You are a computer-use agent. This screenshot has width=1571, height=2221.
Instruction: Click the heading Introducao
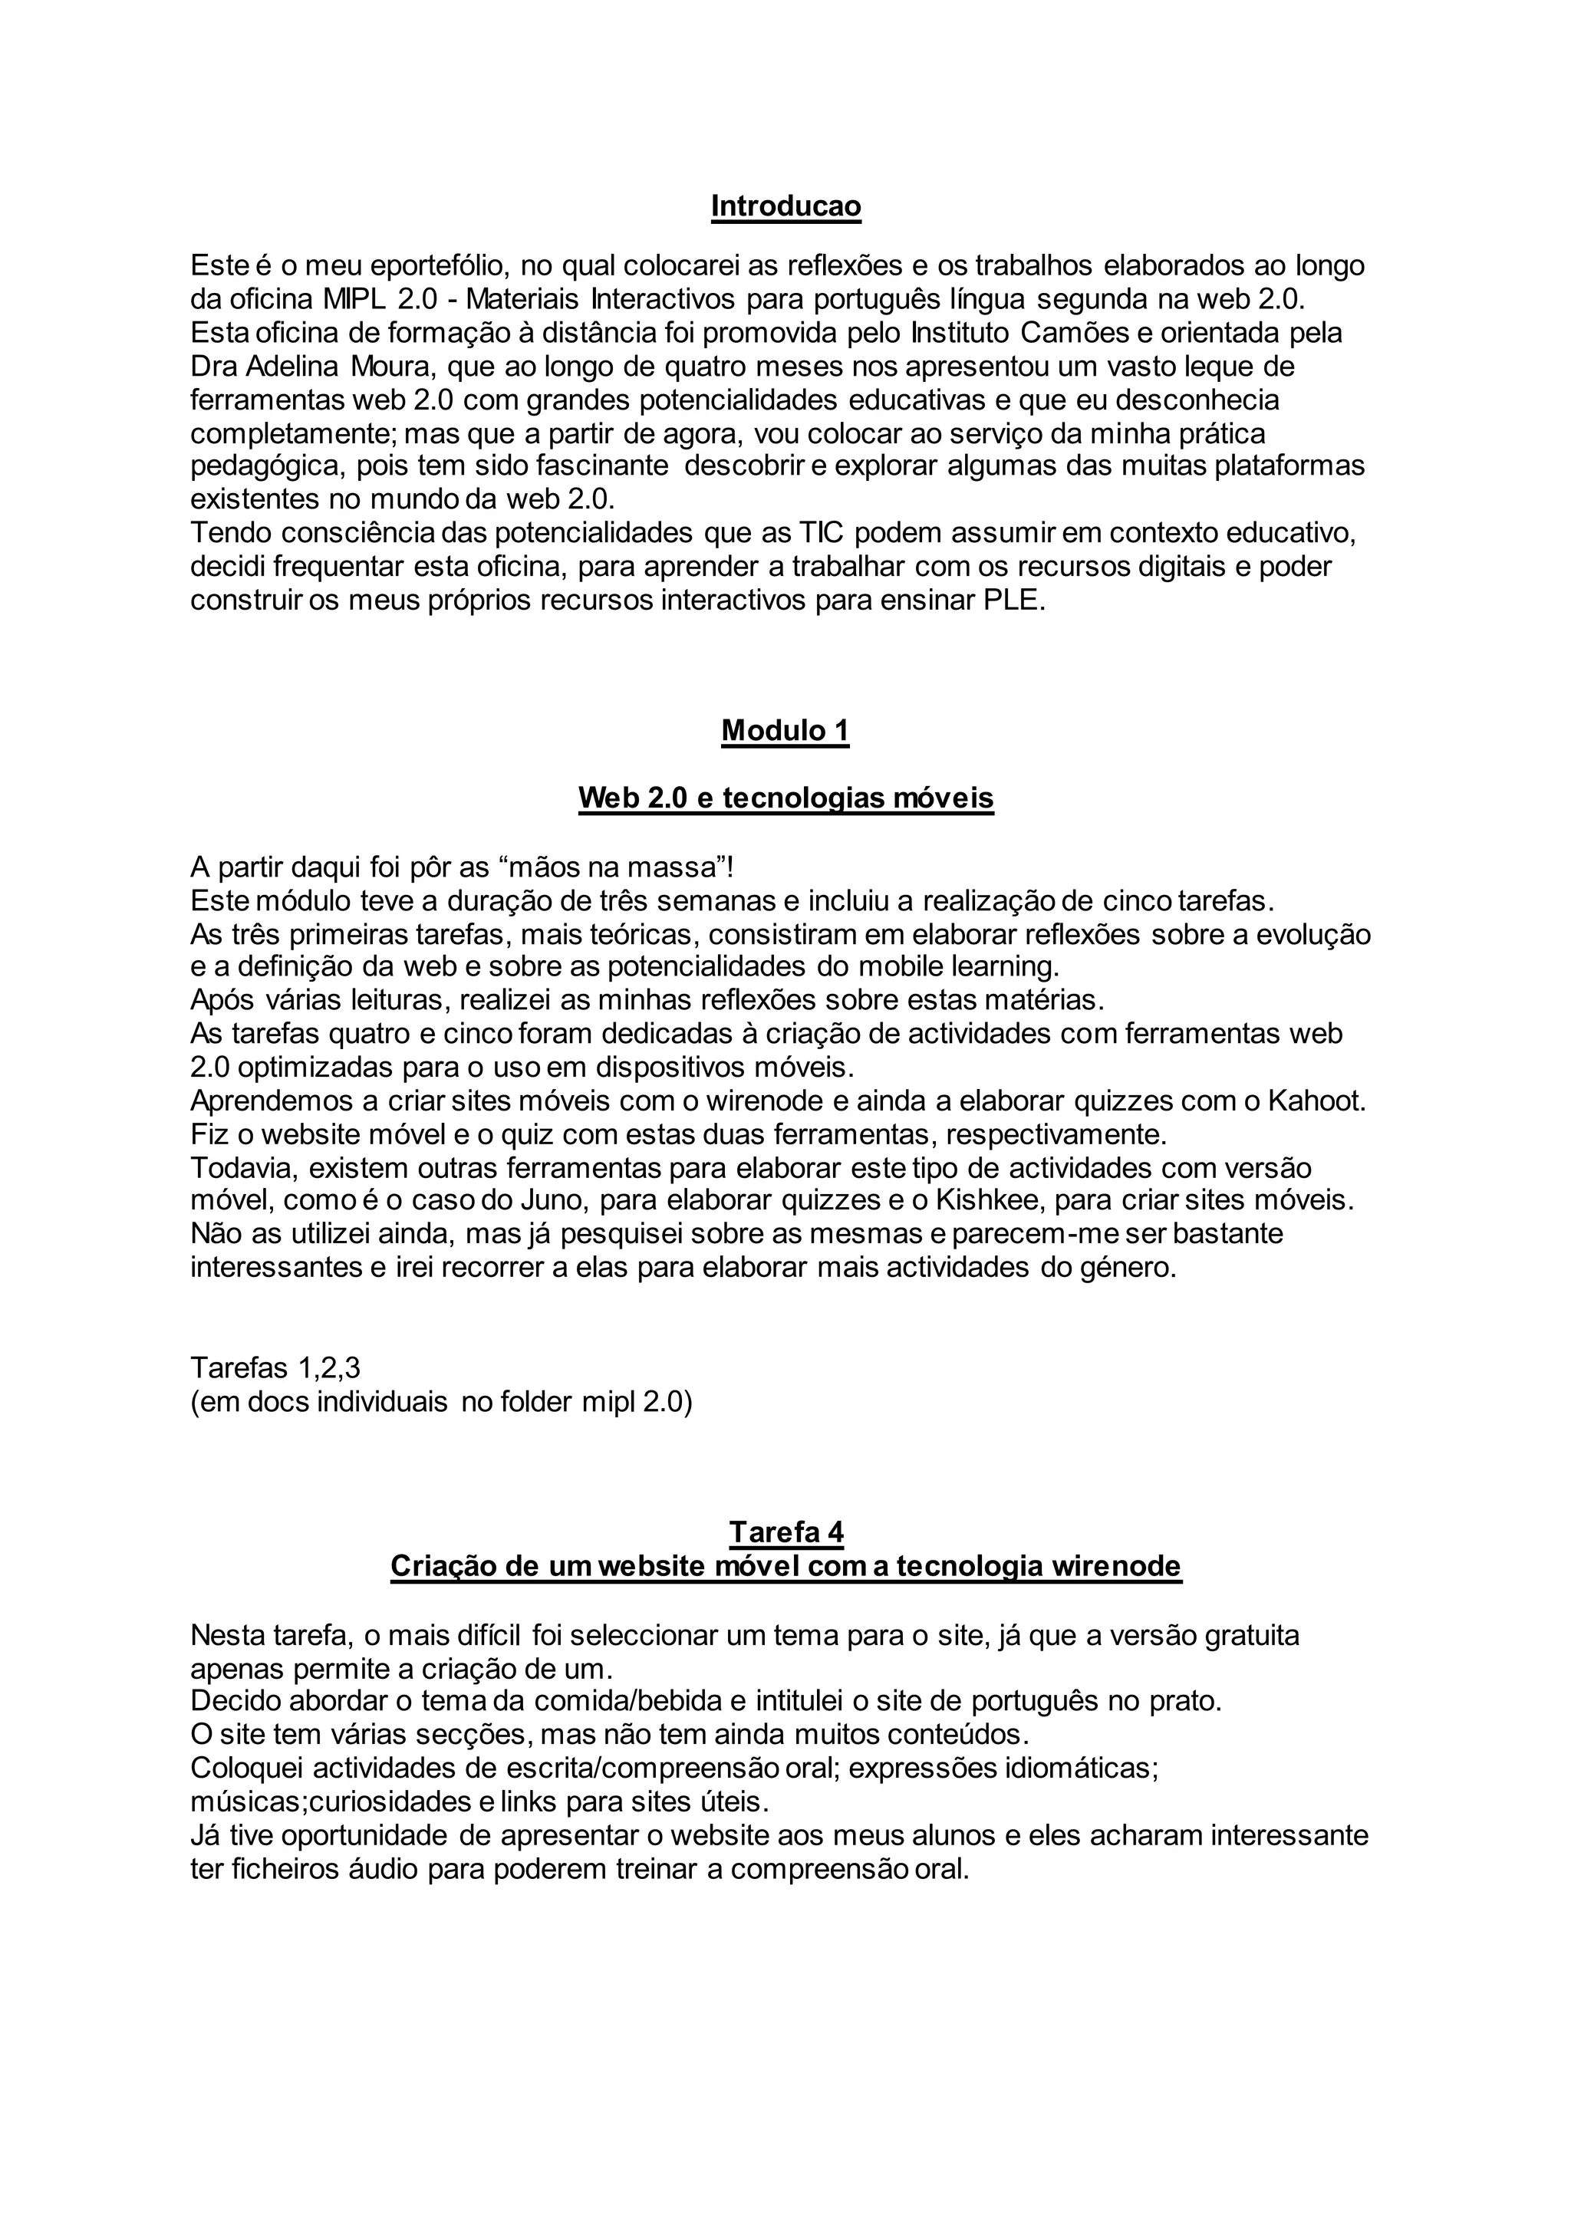coord(785,206)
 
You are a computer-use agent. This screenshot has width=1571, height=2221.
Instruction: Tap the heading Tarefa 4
coord(785,1532)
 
